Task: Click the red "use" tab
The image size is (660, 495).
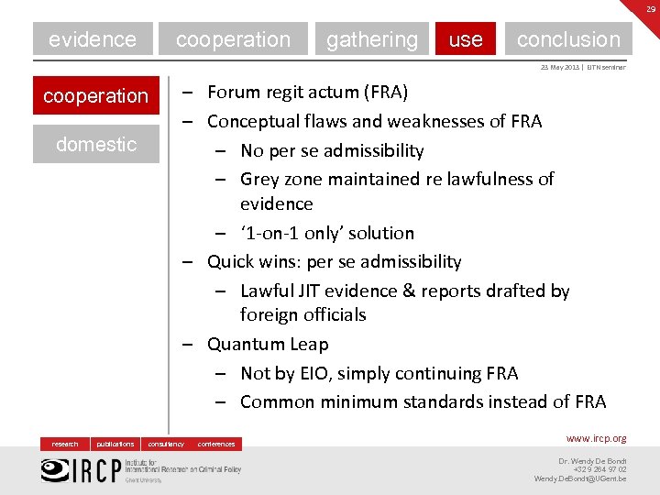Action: click(x=466, y=39)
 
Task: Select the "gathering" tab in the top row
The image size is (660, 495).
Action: click(x=371, y=39)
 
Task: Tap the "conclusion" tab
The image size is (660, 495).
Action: click(x=568, y=39)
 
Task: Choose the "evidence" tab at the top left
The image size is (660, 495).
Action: click(x=93, y=39)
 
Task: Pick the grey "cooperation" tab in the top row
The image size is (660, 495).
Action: click(x=233, y=39)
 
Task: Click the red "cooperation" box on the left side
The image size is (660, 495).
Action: click(x=95, y=95)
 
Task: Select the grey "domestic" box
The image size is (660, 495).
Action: click(x=95, y=144)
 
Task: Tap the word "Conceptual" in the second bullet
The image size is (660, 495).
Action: click(x=251, y=121)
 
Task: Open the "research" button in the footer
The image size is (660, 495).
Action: click(x=65, y=444)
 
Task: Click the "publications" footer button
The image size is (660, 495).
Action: click(x=115, y=444)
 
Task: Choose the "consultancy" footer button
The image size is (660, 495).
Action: click(x=166, y=444)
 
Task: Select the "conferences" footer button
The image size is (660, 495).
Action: click(x=216, y=444)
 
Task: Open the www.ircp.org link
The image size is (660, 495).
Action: click(x=596, y=439)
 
